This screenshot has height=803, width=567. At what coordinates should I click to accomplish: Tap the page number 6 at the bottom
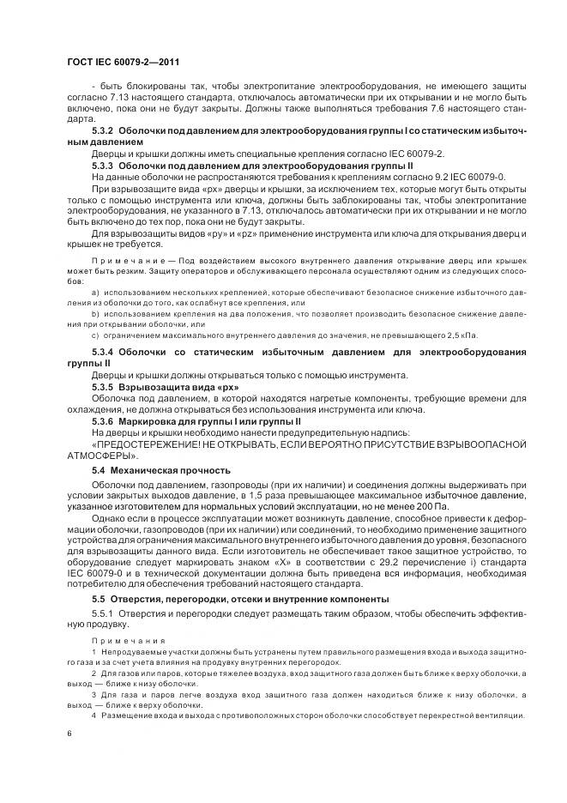pos(69,734)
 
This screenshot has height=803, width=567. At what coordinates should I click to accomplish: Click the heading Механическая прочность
pos(164,470)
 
